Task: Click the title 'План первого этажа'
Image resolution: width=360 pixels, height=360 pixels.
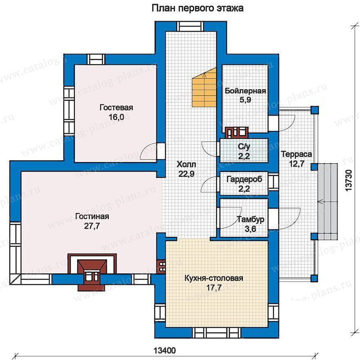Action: [x=197, y=8]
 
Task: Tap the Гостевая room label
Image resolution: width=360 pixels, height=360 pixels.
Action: [x=116, y=108]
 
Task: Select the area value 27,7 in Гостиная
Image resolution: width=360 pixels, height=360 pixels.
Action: [x=92, y=226]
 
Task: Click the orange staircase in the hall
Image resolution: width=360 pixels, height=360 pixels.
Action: [x=204, y=87]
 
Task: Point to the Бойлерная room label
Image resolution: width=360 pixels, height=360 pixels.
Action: [x=245, y=91]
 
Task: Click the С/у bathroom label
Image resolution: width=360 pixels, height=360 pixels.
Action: [x=244, y=146]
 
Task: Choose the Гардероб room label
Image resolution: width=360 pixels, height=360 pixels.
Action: [x=244, y=179]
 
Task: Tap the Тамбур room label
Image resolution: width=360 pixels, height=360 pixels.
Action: [x=250, y=220]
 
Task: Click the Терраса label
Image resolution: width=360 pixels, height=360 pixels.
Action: [x=296, y=154]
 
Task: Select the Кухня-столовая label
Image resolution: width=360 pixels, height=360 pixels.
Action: [x=214, y=278]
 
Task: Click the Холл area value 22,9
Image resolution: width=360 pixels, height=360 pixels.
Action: [x=186, y=174]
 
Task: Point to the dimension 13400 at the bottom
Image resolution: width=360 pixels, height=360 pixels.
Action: [x=165, y=350]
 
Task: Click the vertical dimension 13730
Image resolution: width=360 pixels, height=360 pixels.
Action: [x=348, y=180]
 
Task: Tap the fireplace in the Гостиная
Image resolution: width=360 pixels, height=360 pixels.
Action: [x=92, y=271]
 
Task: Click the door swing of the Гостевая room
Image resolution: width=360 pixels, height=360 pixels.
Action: [x=148, y=151]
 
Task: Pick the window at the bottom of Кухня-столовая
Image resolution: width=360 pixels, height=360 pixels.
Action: [x=216, y=333]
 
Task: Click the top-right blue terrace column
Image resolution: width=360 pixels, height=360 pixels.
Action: [x=315, y=110]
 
